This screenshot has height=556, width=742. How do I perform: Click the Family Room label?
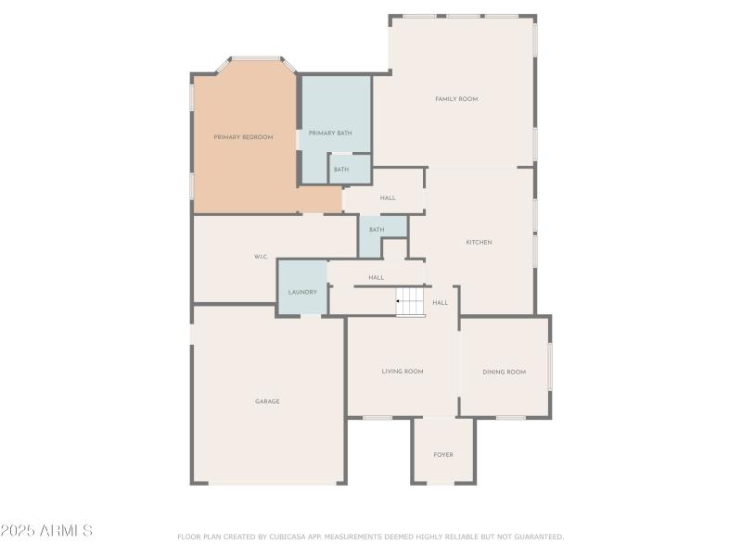(456, 98)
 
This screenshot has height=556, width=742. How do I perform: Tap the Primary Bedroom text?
(243, 137)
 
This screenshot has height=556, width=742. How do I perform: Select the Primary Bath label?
(330, 133)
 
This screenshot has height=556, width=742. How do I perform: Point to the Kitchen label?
(479, 242)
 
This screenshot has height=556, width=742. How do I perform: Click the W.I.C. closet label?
(261, 256)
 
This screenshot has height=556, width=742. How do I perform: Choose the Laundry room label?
(302, 292)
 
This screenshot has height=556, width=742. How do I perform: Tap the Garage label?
(267, 401)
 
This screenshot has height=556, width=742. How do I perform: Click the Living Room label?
(403, 372)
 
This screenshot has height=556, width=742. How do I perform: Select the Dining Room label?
(504, 372)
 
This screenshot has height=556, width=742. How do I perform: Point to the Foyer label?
(443, 454)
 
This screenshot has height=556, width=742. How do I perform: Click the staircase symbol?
(411, 301)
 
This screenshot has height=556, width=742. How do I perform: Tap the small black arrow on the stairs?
(399, 301)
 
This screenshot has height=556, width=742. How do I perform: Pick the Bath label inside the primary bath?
(341, 170)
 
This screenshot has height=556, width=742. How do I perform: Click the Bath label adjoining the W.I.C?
(377, 229)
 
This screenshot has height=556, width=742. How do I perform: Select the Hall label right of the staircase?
(441, 302)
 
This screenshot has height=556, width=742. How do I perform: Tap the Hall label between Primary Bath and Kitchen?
(388, 197)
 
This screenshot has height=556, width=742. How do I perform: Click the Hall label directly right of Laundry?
(376, 277)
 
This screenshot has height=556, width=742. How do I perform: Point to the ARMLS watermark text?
(46, 531)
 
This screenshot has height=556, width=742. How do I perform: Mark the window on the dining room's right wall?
(550, 366)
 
